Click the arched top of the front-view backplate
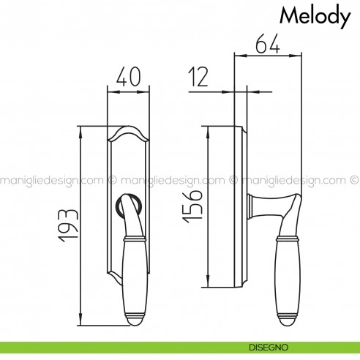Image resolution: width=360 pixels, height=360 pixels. click(x=129, y=131)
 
